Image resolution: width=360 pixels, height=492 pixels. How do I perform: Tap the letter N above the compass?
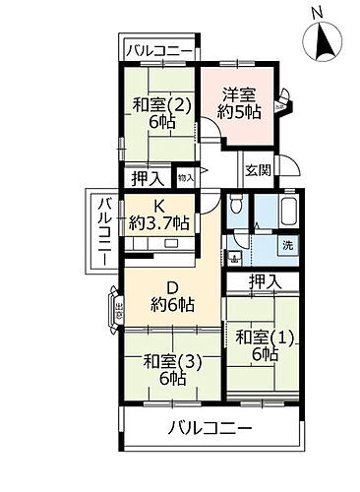pos(316,13)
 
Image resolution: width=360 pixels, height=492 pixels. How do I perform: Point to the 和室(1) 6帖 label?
pos(264,345)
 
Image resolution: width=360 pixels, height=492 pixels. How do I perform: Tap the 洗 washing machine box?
pos(285,245)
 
